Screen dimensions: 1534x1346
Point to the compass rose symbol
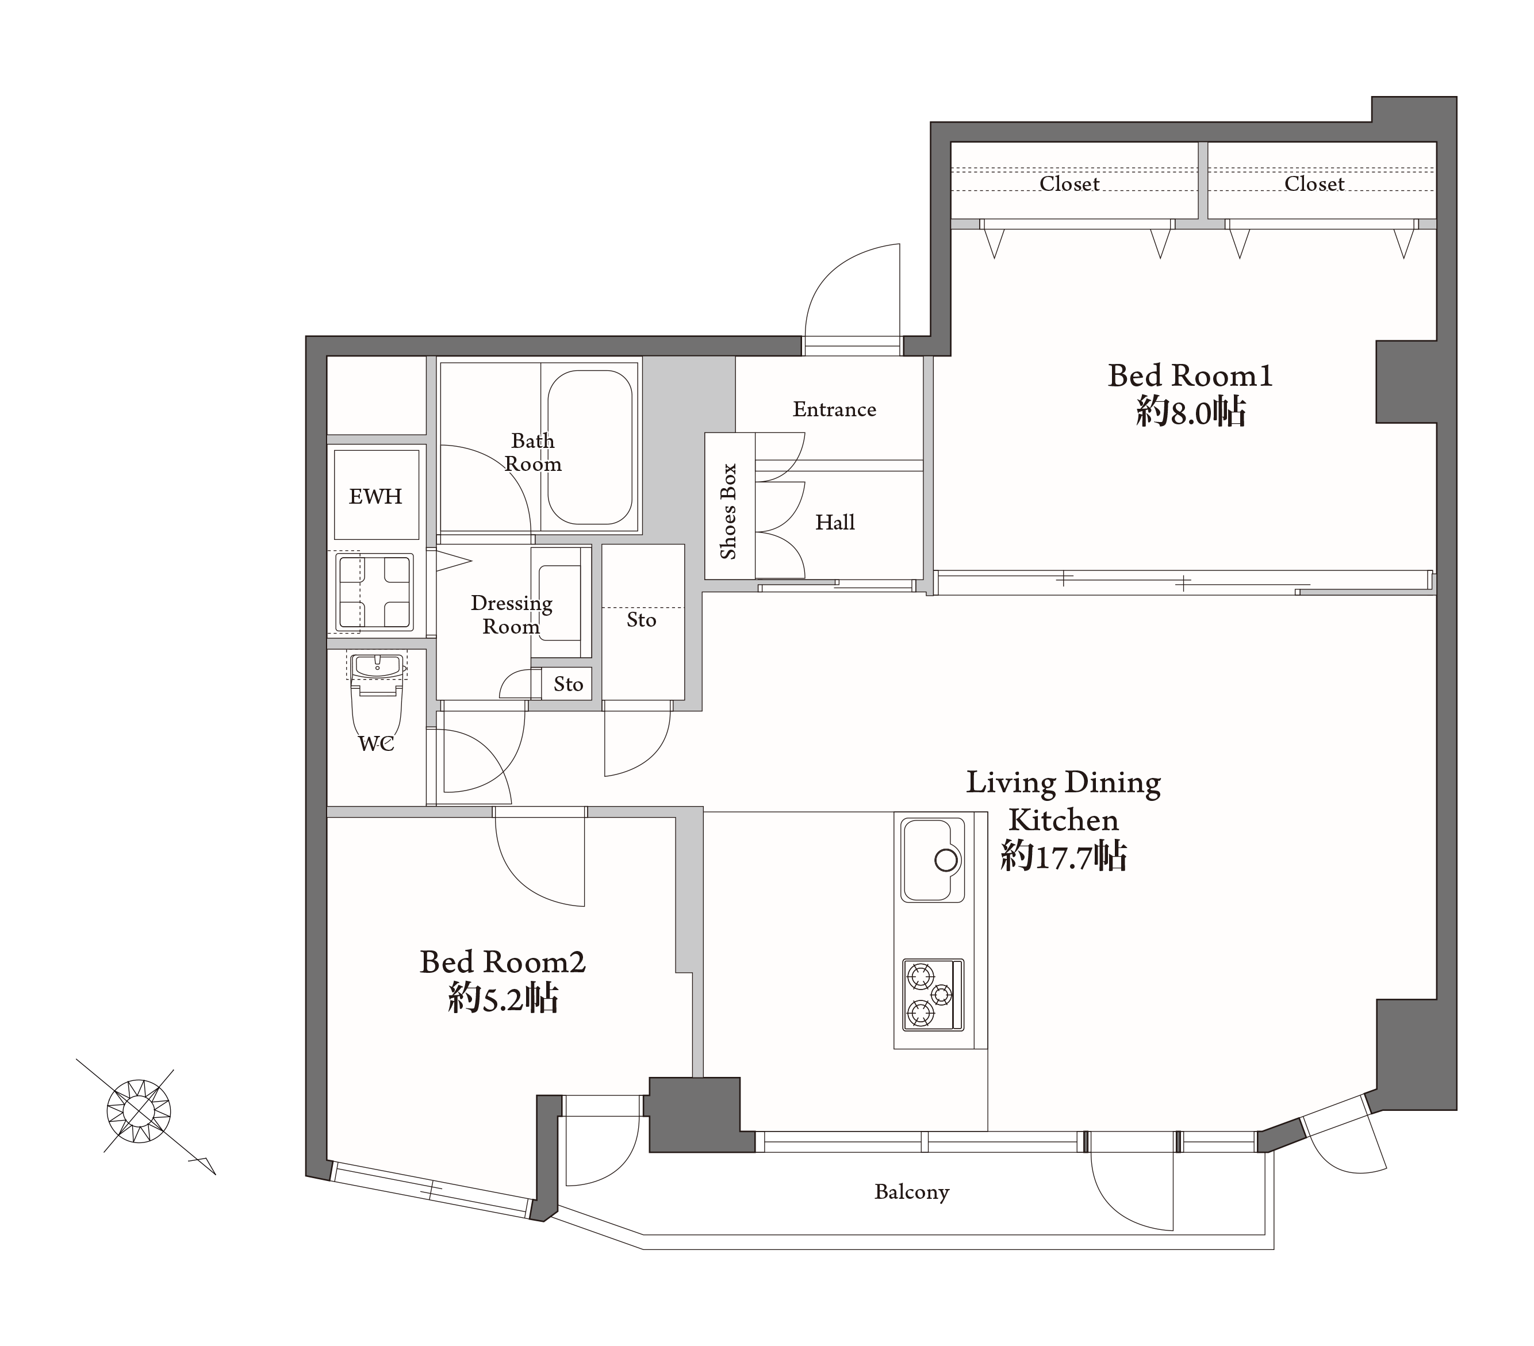[139, 1111]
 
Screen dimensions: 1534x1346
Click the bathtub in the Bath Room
[589, 446]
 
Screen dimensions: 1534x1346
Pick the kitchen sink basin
[933, 860]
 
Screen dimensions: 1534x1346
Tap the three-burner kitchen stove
[933, 995]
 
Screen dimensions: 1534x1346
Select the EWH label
[375, 496]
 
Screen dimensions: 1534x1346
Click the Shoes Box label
[728, 511]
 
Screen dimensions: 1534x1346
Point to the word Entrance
[834, 409]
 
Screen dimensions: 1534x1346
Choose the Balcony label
[912, 1192]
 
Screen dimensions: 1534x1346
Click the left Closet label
[1069, 184]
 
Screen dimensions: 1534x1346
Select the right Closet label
[1314, 184]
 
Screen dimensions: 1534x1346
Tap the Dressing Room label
[511, 615]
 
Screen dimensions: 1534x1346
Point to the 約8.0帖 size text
[1191, 412]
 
